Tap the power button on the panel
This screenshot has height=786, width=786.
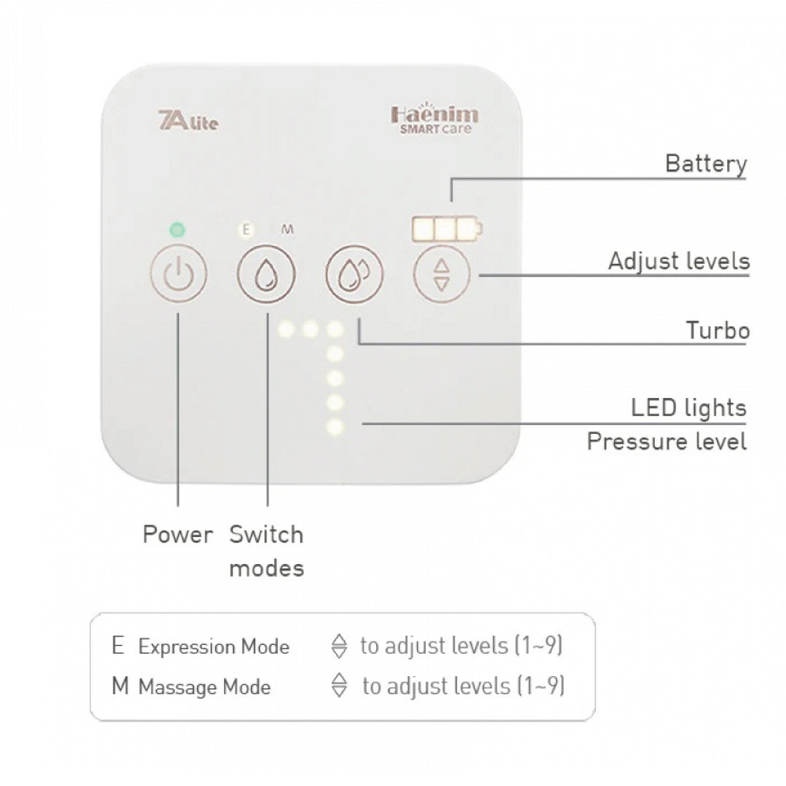[x=179, y=275]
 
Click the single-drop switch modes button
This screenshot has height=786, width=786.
[x=266, y=276]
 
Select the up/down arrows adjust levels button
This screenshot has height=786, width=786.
[x=442, y=275]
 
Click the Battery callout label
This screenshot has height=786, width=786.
[x=706, y=164]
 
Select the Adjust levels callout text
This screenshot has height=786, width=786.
[x=678, y=261]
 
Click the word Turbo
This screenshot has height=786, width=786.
[x=718, y=331]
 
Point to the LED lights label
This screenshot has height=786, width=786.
[x=688, y=408]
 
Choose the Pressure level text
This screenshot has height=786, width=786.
[x=667, y=442]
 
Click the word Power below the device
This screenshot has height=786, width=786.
[x=178, y=535]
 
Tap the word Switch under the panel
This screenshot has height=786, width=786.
[x=266, y=535]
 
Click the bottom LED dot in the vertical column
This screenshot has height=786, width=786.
[x=335, y=427]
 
